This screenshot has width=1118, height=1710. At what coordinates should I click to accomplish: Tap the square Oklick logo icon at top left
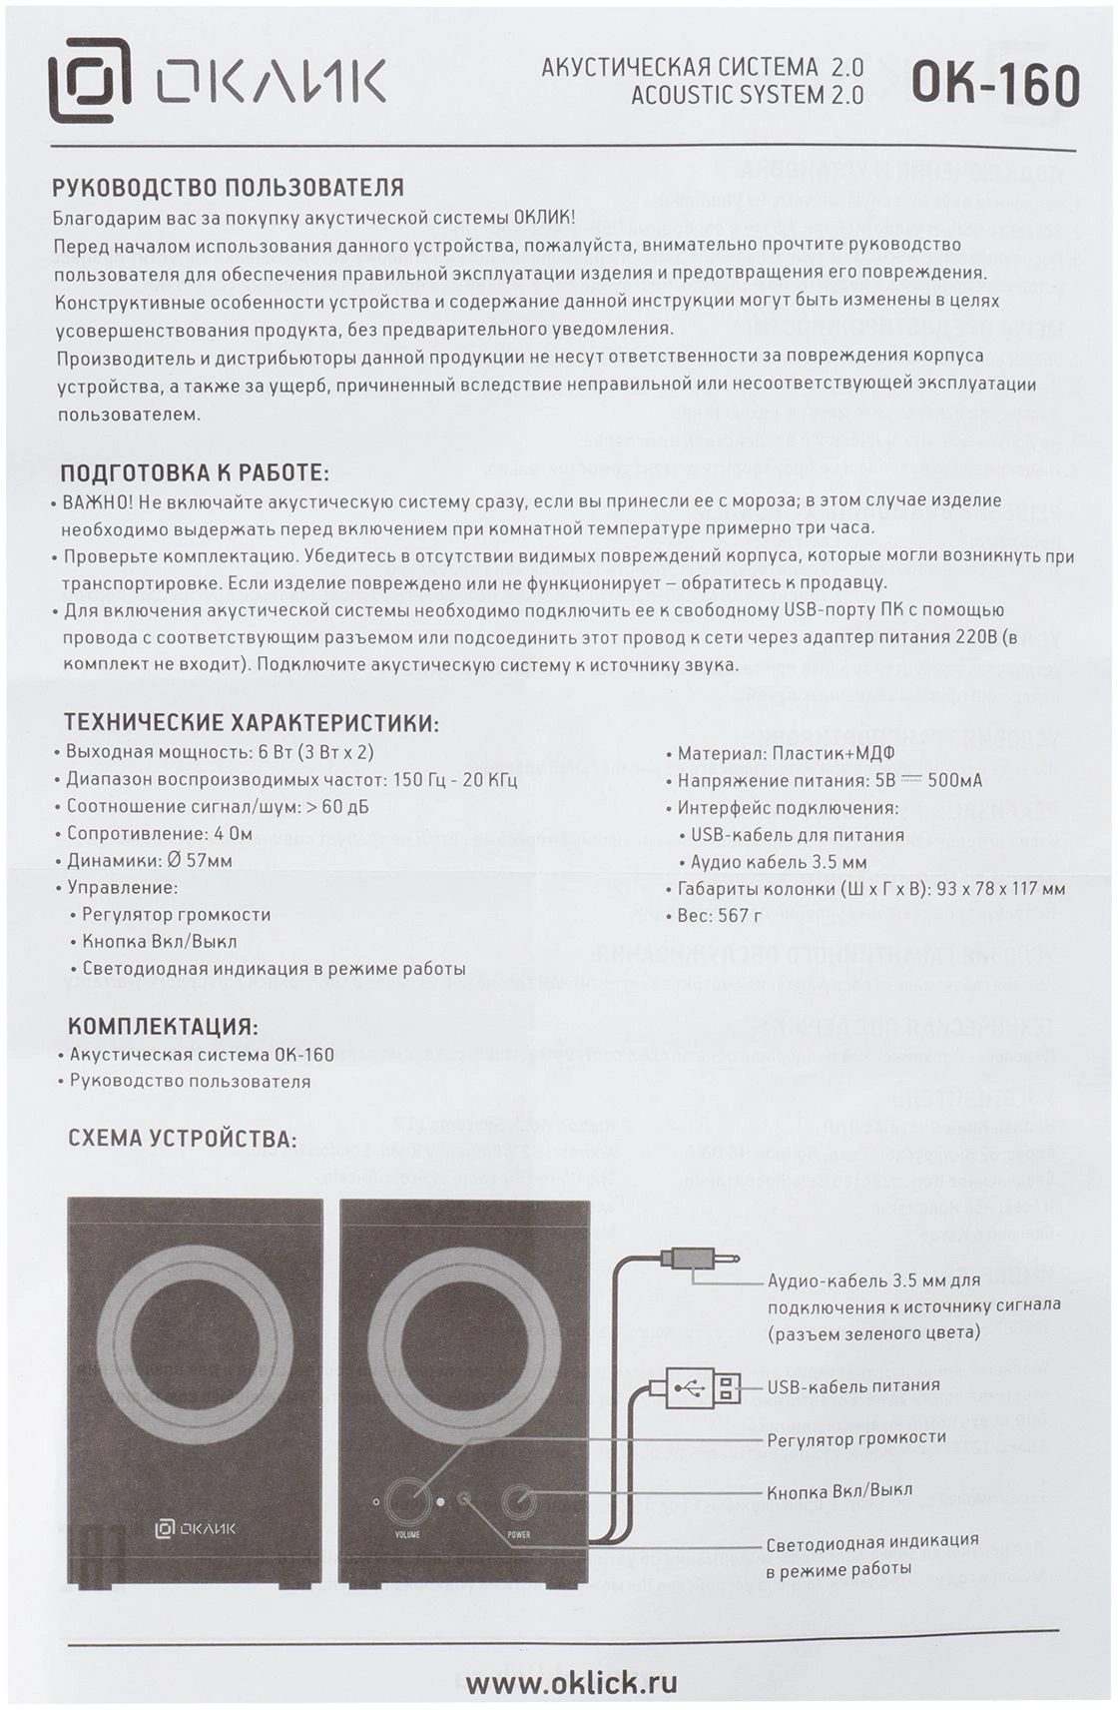point(90,80)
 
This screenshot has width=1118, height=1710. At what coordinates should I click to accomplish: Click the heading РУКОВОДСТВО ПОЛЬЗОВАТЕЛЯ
point(229,188)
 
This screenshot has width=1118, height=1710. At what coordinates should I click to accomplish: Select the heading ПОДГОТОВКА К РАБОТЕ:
point(195,472)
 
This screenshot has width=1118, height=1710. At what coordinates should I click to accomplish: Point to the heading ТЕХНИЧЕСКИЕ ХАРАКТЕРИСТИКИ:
point(252,723)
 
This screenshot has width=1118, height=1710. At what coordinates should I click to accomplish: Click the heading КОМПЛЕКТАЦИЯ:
point(163,1027)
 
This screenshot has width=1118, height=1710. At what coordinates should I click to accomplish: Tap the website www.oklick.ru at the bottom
point(571,1681)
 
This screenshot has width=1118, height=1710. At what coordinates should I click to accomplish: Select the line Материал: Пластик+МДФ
point(785,753)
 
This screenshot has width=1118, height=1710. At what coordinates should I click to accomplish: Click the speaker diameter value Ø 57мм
point(197,860)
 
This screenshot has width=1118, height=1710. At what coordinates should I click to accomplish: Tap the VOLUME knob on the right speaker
point(406,1500)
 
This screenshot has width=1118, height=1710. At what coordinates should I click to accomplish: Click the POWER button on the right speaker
point(519,1501)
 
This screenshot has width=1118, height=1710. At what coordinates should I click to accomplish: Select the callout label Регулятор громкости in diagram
point(855,1438)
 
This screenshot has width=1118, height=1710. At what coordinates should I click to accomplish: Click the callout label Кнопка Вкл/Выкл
point(838,1490)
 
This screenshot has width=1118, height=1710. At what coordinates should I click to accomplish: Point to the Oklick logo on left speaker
point(196,1527)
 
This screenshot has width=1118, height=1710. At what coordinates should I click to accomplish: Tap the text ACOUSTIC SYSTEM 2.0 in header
point(747,96)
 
